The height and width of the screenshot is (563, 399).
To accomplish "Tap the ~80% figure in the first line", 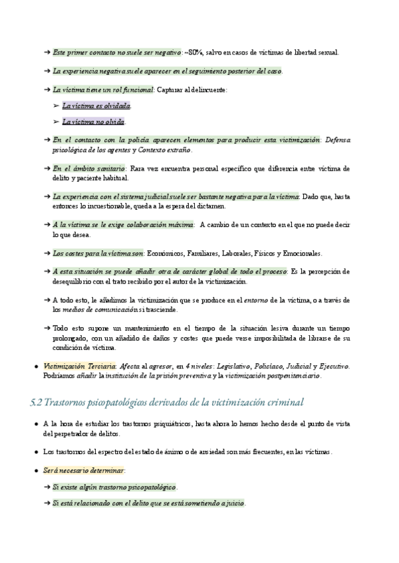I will click(194, 52).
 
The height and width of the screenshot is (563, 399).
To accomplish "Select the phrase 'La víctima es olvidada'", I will click(96, 106).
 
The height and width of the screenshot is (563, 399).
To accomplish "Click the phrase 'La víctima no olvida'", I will click(93, 121).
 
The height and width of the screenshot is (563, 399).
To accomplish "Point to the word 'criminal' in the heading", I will click(283, 402).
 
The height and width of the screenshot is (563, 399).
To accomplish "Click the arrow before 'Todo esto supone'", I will click(47, 329).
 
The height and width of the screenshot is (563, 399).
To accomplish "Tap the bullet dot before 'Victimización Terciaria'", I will click(35, 366).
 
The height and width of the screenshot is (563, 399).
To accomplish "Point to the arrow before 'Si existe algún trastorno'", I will click(47, 487).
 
